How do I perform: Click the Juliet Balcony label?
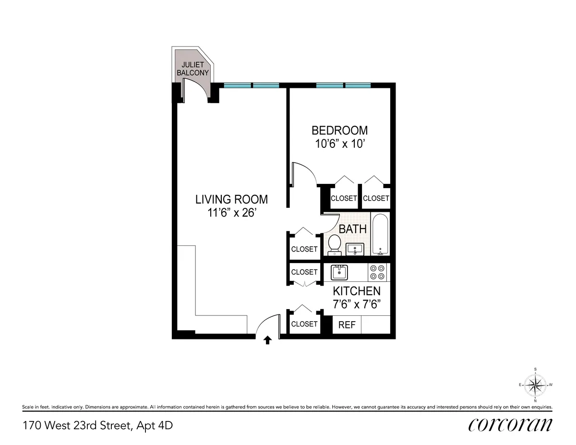(x=192, y=69)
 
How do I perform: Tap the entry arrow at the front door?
(x=268, y=340)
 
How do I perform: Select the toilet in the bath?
(x=334, y=244)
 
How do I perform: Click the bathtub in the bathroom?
(x=380, y=235)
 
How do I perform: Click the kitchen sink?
(x=339, y=272)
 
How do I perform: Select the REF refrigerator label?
(x=347, y=325)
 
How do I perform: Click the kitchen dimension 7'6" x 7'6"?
(x=357, y=304)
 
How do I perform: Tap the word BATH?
(x=352, y=229)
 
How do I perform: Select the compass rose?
(x=535, y=384)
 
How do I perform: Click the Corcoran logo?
(x=510, y=425)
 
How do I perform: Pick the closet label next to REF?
(x=304, y=324)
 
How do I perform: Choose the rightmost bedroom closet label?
(x=376, y=198)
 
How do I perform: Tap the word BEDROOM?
(x=339, y=131)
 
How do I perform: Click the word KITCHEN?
(x=357, y=291)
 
